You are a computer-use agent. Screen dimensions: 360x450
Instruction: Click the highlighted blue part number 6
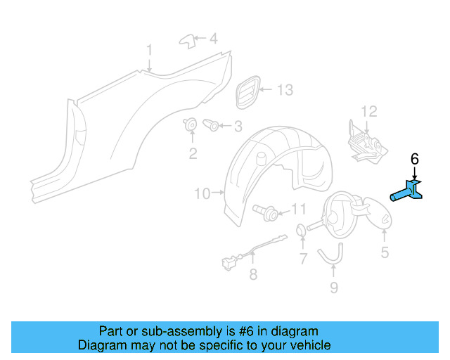[408, 192]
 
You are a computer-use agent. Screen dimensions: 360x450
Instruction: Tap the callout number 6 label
[414, 159]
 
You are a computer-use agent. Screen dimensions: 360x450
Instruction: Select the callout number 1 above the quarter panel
[149, 50]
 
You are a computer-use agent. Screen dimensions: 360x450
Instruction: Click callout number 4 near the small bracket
[214, 38]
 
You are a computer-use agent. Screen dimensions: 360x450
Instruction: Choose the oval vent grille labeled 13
[247, 92]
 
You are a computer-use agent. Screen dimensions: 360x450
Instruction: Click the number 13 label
[284, 91]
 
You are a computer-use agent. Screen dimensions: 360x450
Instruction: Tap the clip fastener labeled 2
[191, 125]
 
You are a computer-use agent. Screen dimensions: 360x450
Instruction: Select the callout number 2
[193, 152]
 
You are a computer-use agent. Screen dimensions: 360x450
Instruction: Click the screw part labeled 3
[211, 126]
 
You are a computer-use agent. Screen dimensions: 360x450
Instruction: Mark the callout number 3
[237, 127]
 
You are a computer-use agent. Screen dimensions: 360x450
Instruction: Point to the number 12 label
[369, 111]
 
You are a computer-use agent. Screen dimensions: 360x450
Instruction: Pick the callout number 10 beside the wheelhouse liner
[202, 193]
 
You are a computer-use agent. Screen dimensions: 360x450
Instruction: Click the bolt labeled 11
[269, 210]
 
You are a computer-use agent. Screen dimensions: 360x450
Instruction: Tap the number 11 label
[299, 209]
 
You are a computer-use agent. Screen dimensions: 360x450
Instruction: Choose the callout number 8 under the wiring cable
[253, 275]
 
